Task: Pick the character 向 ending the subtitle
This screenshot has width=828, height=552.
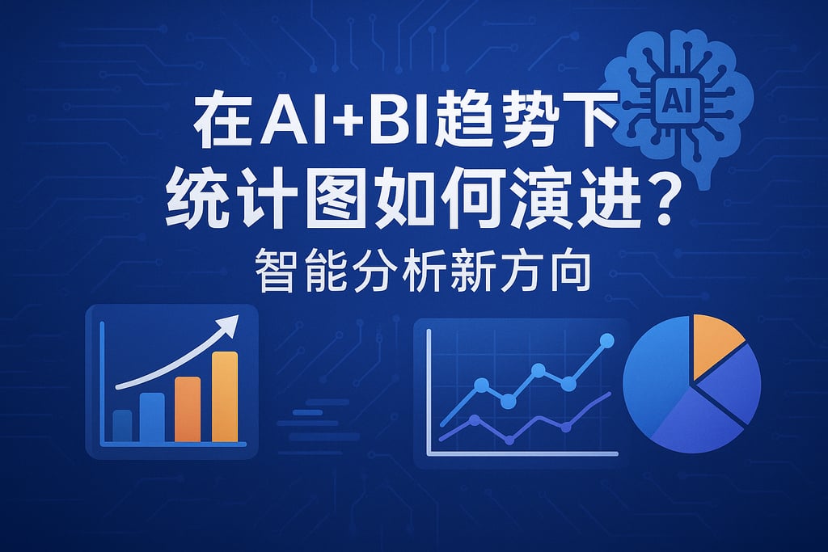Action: coord(572,271)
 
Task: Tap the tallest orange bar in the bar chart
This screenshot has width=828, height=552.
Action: coord(225,396)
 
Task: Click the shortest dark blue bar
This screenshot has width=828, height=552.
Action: coord(123,425)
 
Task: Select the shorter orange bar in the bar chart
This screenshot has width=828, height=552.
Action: coord(188,409)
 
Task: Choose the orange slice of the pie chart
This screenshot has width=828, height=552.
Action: coord(716,343)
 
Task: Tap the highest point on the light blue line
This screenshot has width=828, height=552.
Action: coord(607,340)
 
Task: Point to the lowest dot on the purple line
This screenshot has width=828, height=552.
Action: coord(509,440)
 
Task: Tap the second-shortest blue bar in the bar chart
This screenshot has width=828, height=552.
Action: coord(152,417)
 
